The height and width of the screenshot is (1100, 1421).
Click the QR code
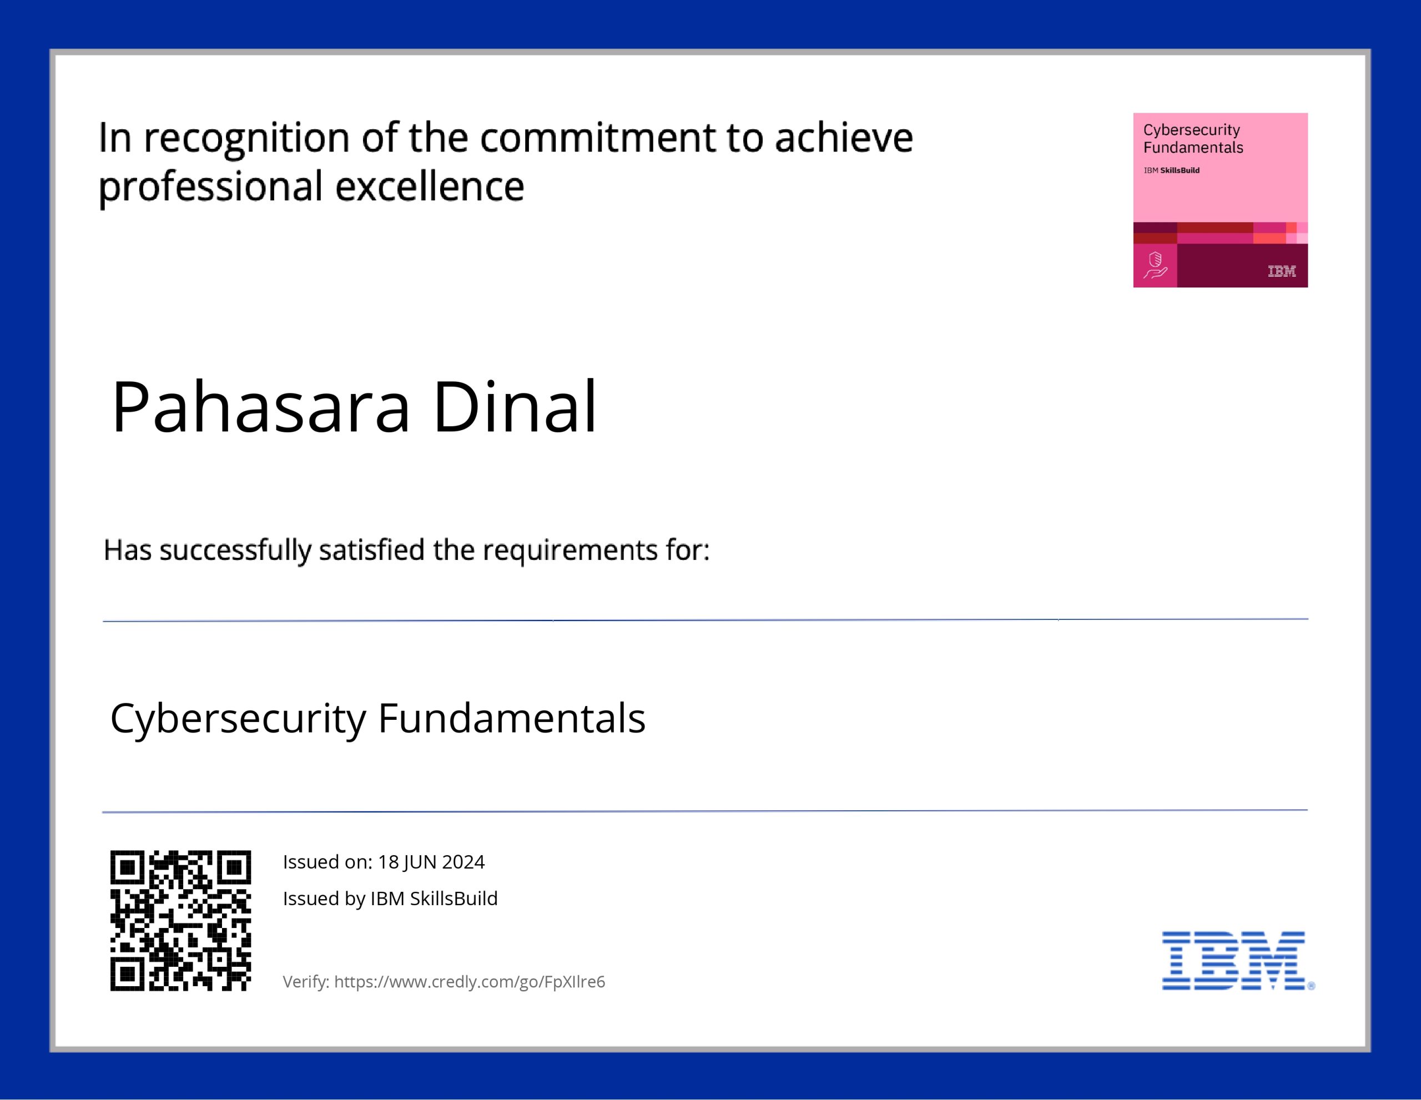[x=180, y=921]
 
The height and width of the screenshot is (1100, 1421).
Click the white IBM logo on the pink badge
[x=1282, y=271]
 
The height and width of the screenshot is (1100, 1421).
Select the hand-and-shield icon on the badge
[x=1155, y=265]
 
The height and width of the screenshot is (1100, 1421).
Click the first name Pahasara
[x=261, y=407]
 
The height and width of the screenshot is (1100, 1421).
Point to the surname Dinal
[x=515, y=407]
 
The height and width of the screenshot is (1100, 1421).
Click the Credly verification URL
[x=470, y=982]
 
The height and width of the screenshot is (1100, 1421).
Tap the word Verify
[x=306, y=982]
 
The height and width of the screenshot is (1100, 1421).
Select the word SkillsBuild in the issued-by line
[x=453, y=899]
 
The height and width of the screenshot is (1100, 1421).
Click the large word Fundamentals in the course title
[x=511, y=718]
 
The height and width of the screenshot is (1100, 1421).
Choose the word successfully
[x=235, y=551]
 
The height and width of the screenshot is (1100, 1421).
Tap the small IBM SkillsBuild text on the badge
[x=1172, y=170]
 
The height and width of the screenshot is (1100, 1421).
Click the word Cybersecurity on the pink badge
[x=1192, y=130]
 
